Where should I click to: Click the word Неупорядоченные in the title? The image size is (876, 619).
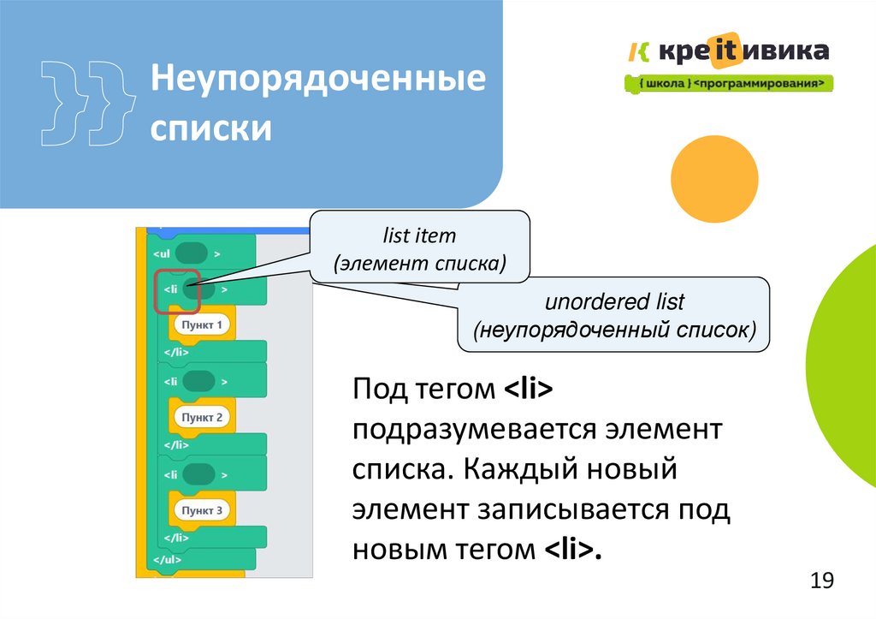coord(318,83)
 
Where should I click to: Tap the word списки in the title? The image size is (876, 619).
coord(211,130)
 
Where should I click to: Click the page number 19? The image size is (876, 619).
coord(821,581)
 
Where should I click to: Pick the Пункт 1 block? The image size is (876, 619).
coord(202,325)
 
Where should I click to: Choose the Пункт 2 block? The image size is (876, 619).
coord(202,418)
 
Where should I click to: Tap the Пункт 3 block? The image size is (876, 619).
coord(202,510)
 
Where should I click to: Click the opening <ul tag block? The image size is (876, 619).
coord(187,254)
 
